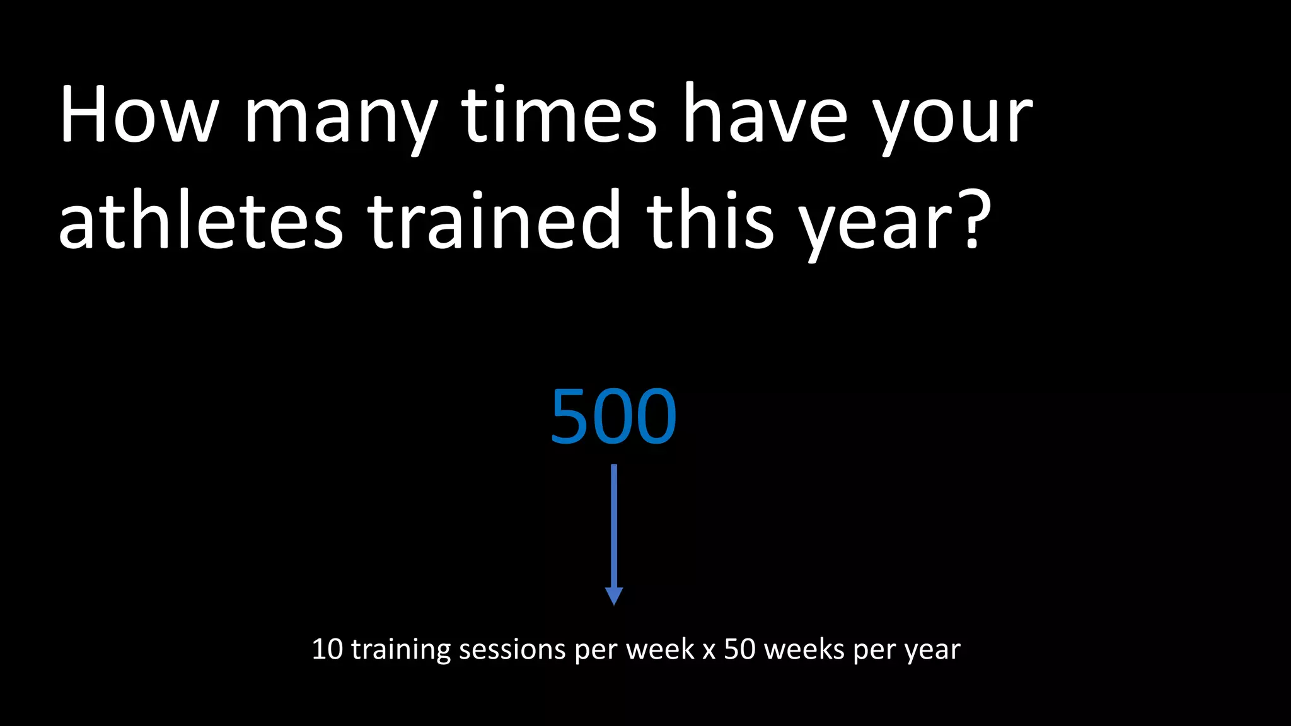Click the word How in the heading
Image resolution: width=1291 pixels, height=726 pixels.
[x=138, y=117]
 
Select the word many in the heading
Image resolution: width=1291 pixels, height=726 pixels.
[x=341, y=120]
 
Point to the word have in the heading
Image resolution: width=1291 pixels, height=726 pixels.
[x=766, y=117]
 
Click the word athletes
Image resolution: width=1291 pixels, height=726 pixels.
[x=201, y=222]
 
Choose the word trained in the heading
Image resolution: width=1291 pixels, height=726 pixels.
[x=495, y=222]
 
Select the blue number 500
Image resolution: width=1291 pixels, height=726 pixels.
[x=613, y=417]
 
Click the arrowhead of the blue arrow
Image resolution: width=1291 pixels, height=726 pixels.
[x=614, y=596]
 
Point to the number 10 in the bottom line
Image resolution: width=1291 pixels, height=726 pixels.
[x=327, y=649]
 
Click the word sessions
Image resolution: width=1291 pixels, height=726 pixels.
[x=512, y=650]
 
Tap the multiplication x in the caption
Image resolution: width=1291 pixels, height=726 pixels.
[x=709, y=650]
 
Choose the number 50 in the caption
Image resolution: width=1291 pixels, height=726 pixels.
[x=739, y=649]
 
